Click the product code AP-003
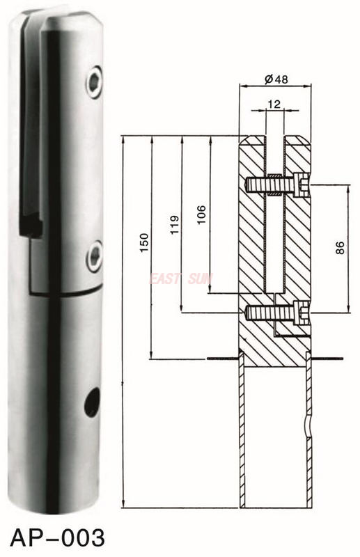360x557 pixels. (x=58, y=538)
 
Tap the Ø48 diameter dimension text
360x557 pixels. (x=276, y=79)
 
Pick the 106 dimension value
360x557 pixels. (x=202, y=213)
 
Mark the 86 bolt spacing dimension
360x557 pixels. (x=340, y=248)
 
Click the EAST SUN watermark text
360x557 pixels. (x=182, y=278)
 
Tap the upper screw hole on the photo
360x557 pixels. (x=93, y=83)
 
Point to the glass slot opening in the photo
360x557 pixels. (x=35, y=125)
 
